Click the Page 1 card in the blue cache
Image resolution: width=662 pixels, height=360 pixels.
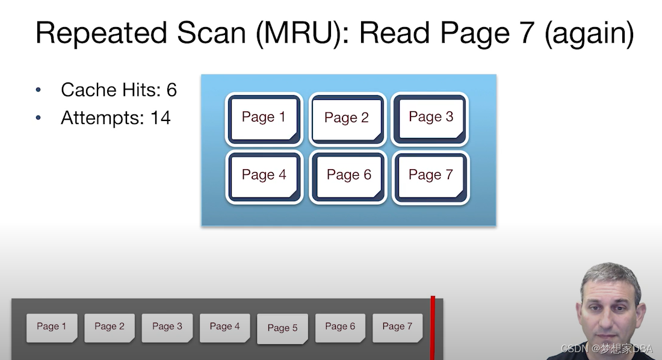(264, 119)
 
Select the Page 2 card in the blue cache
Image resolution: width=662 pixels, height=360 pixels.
(347, 119)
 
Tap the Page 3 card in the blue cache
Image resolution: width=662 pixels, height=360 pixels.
(430, 119)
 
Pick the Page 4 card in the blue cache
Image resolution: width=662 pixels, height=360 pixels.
(264, 177)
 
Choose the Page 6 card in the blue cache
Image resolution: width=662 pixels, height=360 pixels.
(348, 177)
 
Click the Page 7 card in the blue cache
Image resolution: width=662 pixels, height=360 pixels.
(430, 177)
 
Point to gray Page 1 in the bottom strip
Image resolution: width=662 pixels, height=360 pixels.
(52, 327)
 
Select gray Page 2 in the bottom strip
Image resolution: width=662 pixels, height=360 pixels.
(110, 327)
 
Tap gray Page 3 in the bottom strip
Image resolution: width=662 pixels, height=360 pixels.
(167, 327)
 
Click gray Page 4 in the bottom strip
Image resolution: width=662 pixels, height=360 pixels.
(225, 327)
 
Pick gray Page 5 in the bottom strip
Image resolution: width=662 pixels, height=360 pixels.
(282, 329)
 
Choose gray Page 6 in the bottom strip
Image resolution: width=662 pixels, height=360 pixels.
(340, 327)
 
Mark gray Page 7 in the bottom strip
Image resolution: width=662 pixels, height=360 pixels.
(397, 327)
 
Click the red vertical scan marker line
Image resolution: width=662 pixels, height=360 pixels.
(432, 327)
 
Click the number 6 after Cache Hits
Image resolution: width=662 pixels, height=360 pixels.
(172, 90)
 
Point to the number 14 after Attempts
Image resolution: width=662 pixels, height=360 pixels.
(161, 118)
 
